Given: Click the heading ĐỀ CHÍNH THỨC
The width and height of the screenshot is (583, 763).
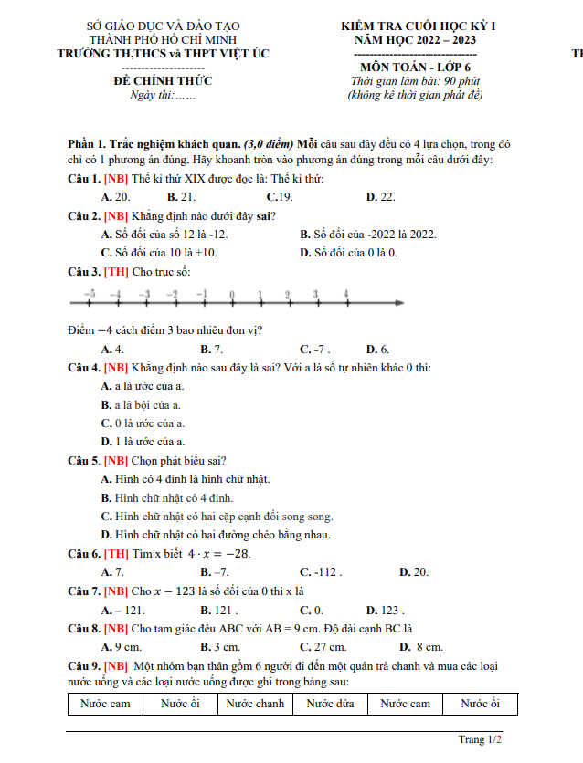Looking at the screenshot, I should tap(163, 81).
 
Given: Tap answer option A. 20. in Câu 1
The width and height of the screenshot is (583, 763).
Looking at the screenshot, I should tap(115, 197).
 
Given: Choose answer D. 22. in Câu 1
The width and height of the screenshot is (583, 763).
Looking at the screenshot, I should tap(380, 197).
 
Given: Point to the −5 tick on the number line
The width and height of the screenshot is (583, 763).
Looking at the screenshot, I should tap(89, 294).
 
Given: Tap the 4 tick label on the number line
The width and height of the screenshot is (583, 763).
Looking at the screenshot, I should tap(345, 294).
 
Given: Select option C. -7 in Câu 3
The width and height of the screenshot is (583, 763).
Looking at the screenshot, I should tap(315, 350).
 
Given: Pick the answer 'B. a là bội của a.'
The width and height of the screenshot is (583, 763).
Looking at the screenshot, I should tap(141, 404).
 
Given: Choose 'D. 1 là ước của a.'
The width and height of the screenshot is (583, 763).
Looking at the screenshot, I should tap(143, 441).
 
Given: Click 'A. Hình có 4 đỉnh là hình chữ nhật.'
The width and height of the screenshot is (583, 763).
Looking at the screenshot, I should tap(185, 479).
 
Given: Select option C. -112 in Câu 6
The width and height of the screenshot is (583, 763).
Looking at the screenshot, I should tap(321, 572).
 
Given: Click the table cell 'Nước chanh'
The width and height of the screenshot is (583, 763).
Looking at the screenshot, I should tap(256, 704).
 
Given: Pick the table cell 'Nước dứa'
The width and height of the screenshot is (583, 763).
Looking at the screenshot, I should tap(330, 704).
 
